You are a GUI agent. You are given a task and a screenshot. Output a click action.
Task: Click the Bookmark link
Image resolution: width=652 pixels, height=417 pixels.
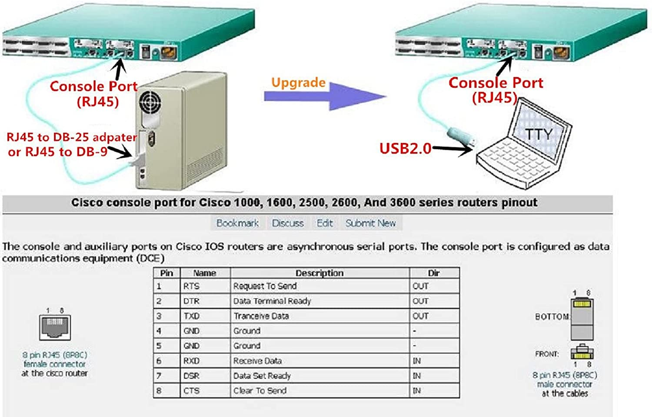237,223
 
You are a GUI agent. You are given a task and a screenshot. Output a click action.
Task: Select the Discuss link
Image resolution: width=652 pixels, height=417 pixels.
288,223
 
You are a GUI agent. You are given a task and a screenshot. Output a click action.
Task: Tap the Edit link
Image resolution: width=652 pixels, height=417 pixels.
325,223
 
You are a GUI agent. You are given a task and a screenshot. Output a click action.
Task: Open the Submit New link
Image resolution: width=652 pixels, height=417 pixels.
371,223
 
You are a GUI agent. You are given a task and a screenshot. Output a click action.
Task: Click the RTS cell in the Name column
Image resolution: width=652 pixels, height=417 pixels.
191,286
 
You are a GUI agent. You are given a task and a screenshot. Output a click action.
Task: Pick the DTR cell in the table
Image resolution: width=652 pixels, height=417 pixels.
191,301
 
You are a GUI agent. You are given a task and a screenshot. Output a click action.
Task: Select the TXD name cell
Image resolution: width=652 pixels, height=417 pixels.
191,316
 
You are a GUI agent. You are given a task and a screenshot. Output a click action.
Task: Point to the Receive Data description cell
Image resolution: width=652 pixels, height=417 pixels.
257,361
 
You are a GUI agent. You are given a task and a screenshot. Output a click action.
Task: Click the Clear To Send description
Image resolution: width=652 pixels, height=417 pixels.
260,390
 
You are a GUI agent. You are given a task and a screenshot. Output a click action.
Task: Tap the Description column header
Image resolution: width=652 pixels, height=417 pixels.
319,273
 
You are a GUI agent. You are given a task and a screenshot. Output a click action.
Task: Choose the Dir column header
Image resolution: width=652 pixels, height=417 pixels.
434,273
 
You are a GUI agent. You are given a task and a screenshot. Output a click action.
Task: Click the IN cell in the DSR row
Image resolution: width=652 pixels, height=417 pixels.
417,376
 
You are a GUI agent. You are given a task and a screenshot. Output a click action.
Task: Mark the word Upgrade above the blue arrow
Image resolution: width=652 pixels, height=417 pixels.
298,82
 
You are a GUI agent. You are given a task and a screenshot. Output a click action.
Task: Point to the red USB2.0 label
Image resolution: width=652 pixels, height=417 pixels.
405,149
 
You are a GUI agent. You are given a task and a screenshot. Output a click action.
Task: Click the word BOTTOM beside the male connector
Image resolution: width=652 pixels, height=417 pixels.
552,317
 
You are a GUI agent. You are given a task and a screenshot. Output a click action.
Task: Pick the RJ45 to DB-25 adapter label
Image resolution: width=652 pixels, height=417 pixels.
71,137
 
